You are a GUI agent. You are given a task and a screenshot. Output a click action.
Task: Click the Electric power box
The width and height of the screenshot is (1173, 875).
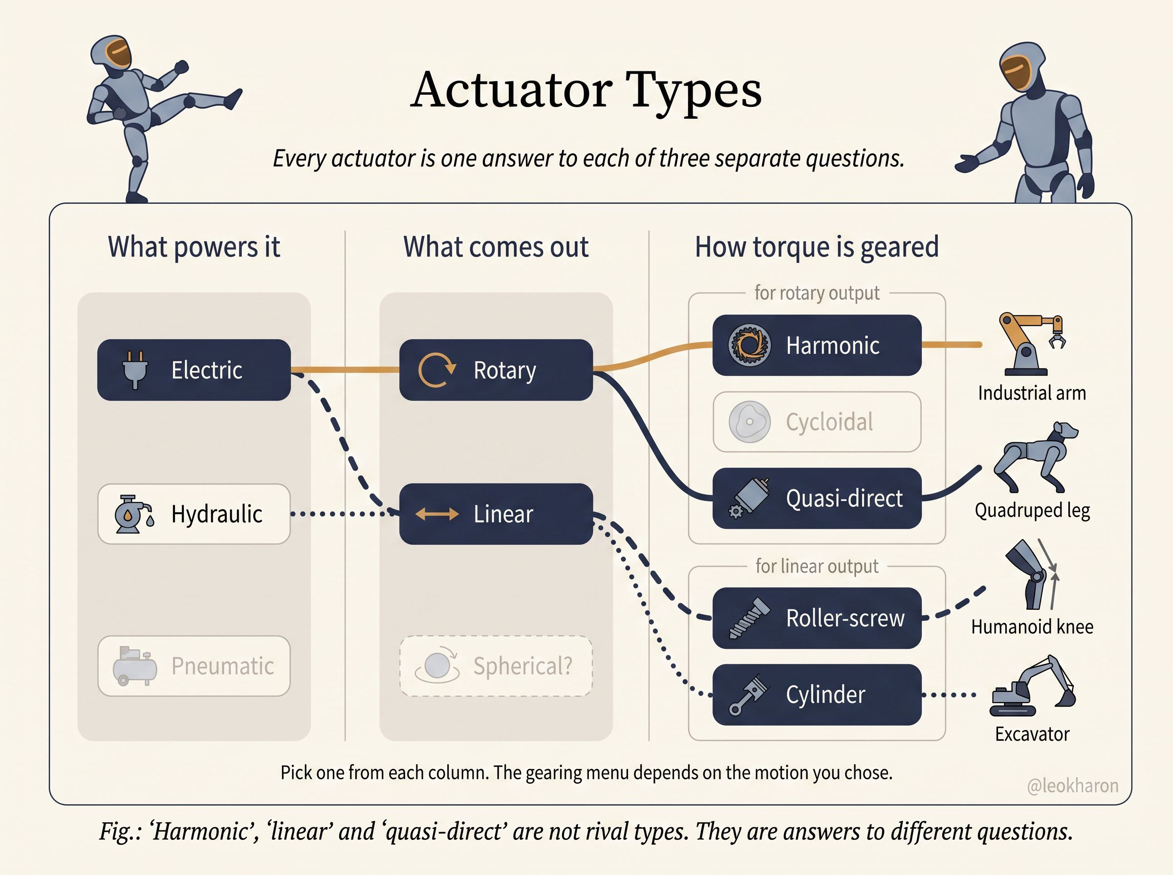(194, 370)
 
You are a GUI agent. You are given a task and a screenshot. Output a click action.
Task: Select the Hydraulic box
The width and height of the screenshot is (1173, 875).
(194, 514)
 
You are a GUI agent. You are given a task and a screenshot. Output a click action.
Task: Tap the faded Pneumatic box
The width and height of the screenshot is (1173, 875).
(194, 666)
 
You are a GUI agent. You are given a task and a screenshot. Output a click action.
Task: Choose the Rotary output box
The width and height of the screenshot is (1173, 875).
(496, 370)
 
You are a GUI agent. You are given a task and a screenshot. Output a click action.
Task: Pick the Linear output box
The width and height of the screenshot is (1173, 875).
(496, 514)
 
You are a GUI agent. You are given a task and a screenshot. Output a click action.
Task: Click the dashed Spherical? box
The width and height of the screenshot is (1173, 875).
(496, 666)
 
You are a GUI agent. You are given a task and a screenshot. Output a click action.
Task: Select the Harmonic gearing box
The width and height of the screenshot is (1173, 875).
(817, 345)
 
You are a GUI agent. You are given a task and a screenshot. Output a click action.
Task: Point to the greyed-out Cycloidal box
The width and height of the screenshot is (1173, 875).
(817, 421)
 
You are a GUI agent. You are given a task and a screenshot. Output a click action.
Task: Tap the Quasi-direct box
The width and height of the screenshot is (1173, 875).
(817, 498)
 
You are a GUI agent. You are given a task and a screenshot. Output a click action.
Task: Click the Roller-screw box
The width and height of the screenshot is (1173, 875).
(817, 618)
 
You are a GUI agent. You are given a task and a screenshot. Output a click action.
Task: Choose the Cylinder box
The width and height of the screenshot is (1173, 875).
(817, 694)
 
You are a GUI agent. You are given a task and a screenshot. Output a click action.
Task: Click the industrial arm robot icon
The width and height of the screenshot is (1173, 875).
(1031, 344)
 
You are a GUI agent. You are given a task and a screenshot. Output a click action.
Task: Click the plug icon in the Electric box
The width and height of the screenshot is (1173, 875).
(135, 370)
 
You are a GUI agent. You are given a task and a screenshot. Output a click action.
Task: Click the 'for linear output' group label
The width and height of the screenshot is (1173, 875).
(817, 566)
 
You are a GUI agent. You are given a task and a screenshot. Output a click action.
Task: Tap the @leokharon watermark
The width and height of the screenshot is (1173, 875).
(1072, 786)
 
